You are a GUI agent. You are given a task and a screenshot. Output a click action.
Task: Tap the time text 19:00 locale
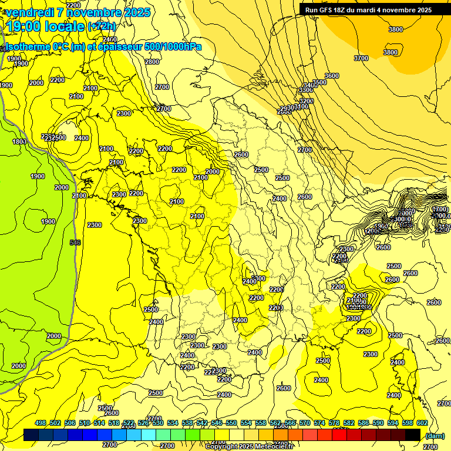click(x=45, y=26)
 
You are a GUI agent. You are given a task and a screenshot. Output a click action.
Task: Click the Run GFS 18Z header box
click(x=368, y=9)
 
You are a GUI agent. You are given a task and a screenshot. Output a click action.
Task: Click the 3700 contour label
click(x=361, y=58)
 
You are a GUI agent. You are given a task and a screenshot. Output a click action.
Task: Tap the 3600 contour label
click(x=332, y=76)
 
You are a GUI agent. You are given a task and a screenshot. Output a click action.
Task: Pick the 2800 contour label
click(x=152, y=62)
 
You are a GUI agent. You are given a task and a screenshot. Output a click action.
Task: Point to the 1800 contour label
click(x=19, y=142)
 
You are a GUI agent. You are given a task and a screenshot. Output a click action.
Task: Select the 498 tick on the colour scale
click(x=41, y=423)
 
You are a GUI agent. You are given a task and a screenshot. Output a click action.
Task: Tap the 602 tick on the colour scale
click(x=422, y=423)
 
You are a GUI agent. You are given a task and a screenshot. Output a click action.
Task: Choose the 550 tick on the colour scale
click(x=231, y=423)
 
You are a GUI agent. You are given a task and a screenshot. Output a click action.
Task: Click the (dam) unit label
click(x=435, y=436)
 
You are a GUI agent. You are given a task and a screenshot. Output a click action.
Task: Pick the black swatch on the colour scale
click(x=413, y=435)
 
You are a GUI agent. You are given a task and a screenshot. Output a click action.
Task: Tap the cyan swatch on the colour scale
click(x=149, y=435)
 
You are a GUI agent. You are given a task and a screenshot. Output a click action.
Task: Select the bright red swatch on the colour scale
click(x=339, y=435)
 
